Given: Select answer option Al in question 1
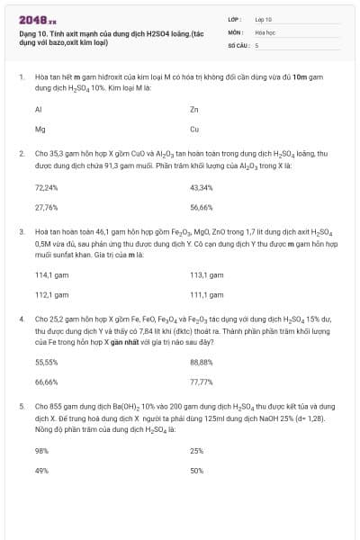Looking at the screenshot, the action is tap(39, 109).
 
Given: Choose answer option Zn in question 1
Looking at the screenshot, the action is tap(194, 109).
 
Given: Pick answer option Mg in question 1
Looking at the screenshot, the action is tap(40, 129).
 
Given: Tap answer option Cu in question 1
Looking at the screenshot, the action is tap(194, 129).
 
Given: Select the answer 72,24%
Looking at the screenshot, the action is tap(46, 187).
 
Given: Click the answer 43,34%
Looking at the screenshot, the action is tap(202, 187).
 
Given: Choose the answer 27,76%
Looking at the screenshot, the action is tap(46, 207).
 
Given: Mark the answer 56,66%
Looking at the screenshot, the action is tap(202, 207).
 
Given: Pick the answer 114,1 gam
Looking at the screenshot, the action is tap(51, 274).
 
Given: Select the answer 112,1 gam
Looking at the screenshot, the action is tap(51, 294).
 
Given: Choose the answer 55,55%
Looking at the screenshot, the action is tap(46, 362).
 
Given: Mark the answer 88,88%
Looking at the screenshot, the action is tap(202, 362).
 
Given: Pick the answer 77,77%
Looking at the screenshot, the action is tap(202, 382).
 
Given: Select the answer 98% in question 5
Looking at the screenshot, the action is tap(41, 450).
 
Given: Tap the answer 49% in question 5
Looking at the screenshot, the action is tap(41, 470).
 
